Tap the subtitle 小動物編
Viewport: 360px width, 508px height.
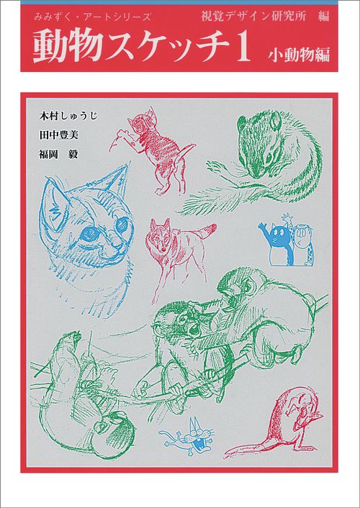(298, 54)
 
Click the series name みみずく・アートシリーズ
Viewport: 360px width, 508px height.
(92, 17)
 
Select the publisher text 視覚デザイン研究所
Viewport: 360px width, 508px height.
(253, 16)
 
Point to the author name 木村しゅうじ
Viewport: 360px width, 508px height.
(68, 116)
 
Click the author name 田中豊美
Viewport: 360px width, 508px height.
(59, 135)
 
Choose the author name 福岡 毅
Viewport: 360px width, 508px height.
(59, 154)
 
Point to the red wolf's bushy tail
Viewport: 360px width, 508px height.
(208, 231)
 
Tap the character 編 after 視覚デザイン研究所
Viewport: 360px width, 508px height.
(323, 16)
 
